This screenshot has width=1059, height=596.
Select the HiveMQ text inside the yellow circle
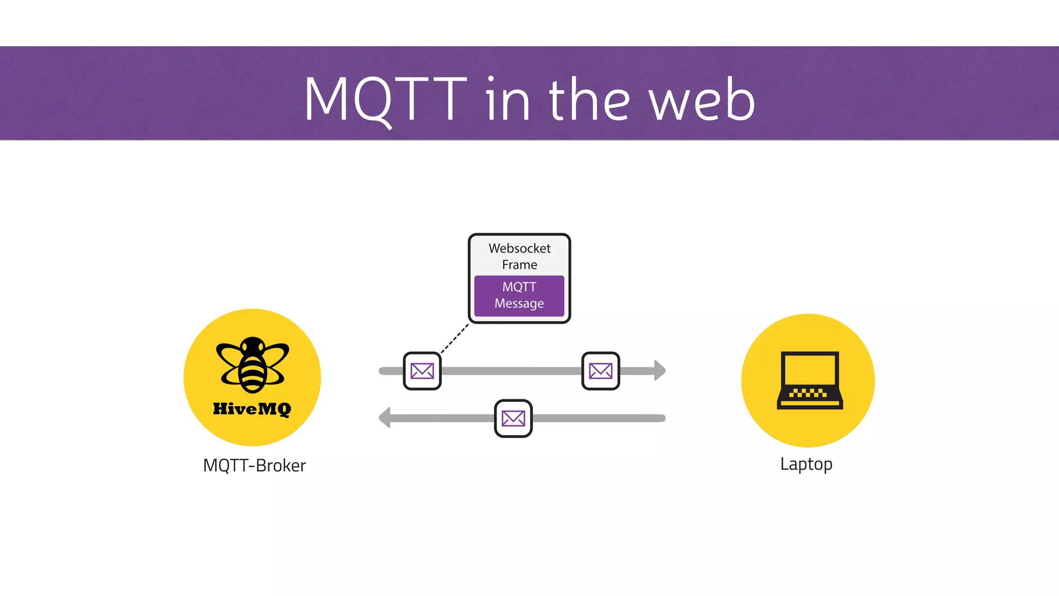coord(252,409)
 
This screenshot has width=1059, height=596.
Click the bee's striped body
coord(253,373)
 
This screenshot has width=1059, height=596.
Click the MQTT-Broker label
coord(254,465)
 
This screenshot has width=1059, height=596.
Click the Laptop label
coord(806,464)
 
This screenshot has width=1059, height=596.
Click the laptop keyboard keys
coord(808,393)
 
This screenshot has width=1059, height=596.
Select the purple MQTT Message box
coord(519,295)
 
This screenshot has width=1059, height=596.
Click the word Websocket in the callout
coord(519,248)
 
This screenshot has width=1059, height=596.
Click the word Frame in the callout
coord(519,265)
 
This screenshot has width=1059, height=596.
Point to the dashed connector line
coord(455,339)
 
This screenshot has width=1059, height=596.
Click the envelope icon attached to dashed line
coord(422,371)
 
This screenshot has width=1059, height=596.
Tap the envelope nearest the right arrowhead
coord(600,371)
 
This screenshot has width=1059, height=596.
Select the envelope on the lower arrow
coord(513,418)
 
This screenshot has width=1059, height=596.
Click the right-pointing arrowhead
coord(659,370)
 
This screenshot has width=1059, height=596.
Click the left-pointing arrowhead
coord(385,418)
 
